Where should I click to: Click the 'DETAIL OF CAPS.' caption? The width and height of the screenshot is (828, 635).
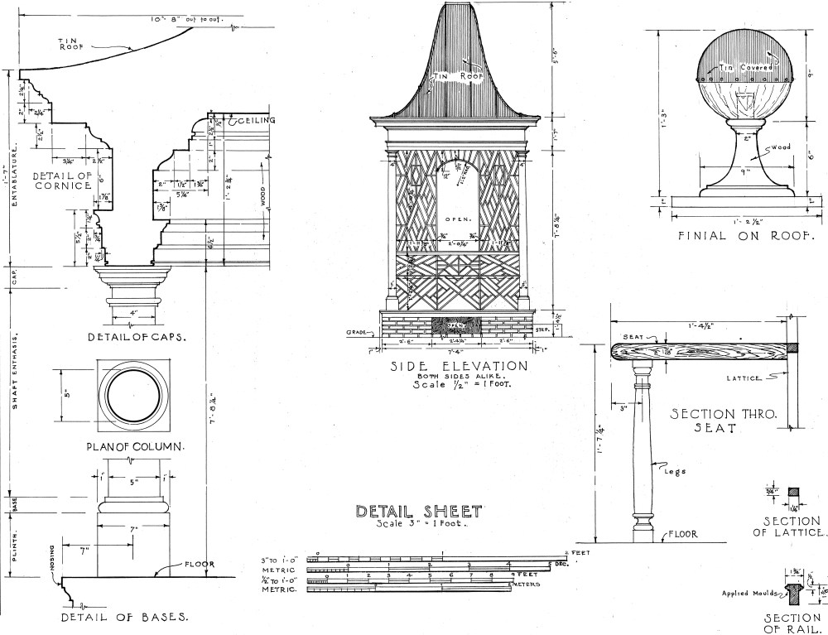(x=137, y=337)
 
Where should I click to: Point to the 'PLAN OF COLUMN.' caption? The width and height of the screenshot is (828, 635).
(x=134, y=447)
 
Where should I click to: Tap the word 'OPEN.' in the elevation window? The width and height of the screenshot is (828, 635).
(x=458, y=219)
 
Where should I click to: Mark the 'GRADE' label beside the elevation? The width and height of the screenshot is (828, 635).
(x=356, y=332)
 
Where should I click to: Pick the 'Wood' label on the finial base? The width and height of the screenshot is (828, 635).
(x=780, y=148)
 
